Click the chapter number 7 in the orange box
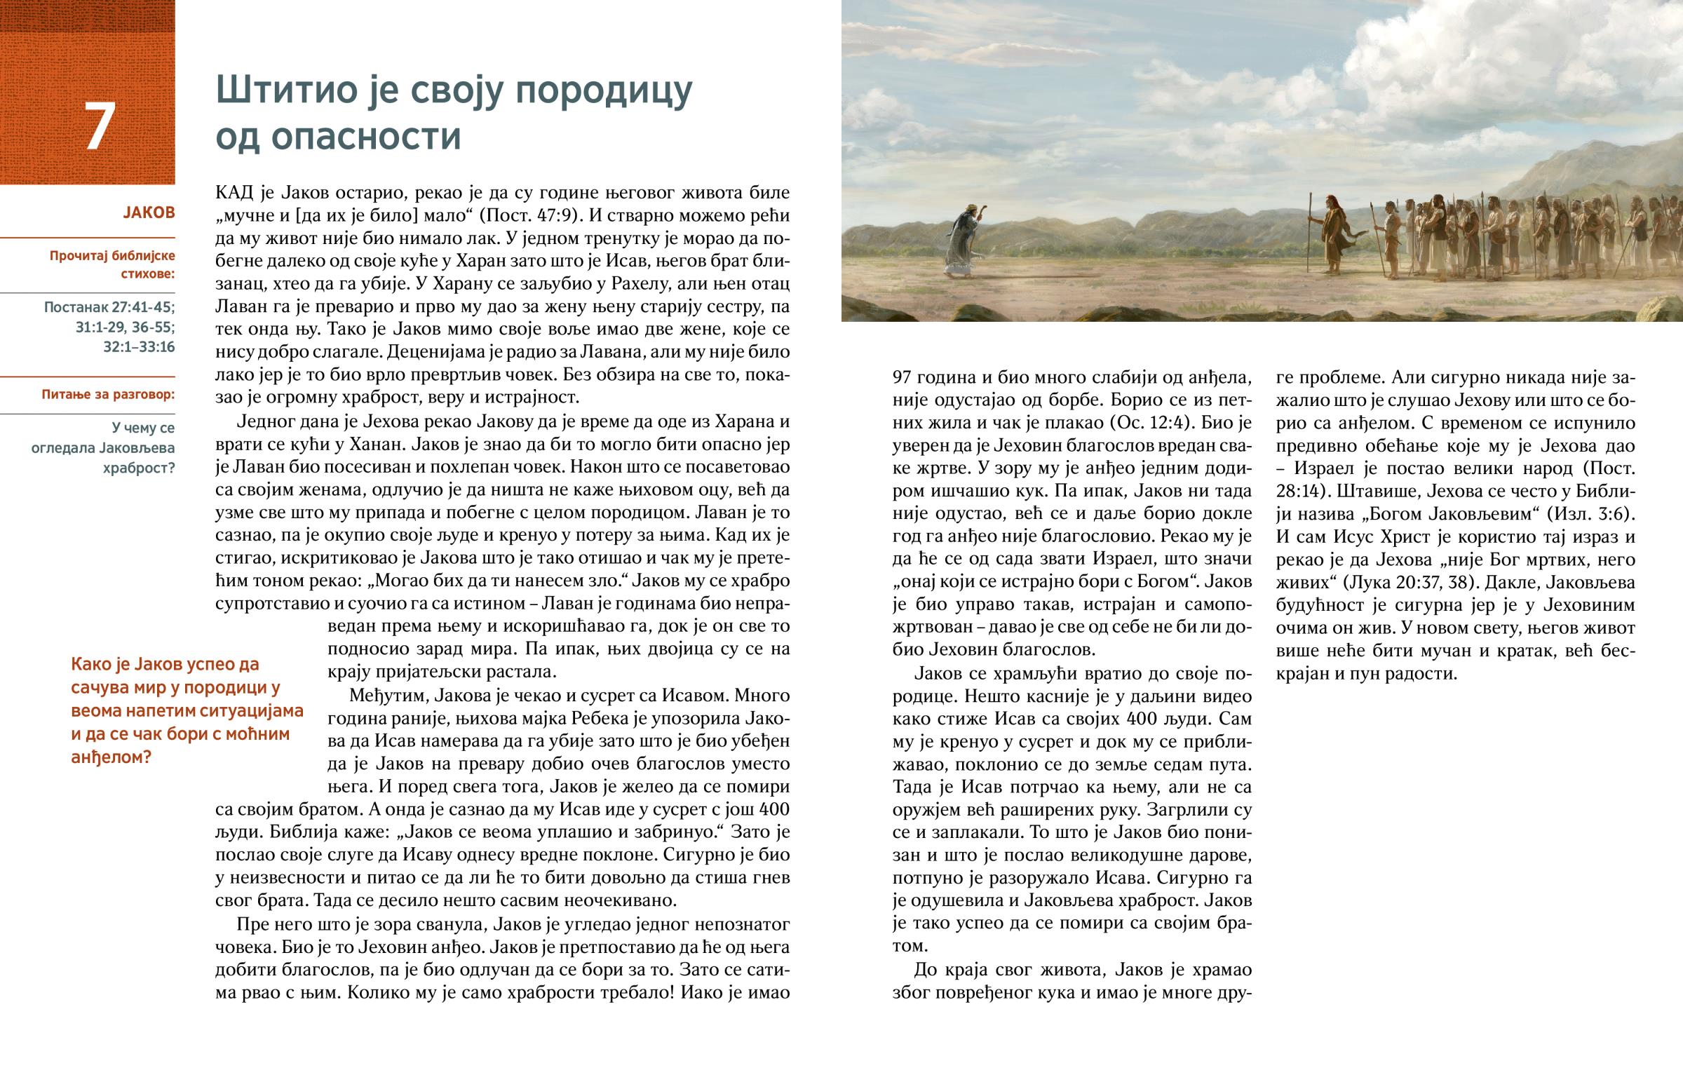pos(100,127)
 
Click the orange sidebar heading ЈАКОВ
pos(149,212)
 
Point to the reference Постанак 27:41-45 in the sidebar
pos(109,307)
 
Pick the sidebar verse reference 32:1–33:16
pos(139,347)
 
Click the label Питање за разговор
pos(108,394)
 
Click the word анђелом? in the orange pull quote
pos(111,757)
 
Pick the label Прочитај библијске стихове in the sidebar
pos(112,264)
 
